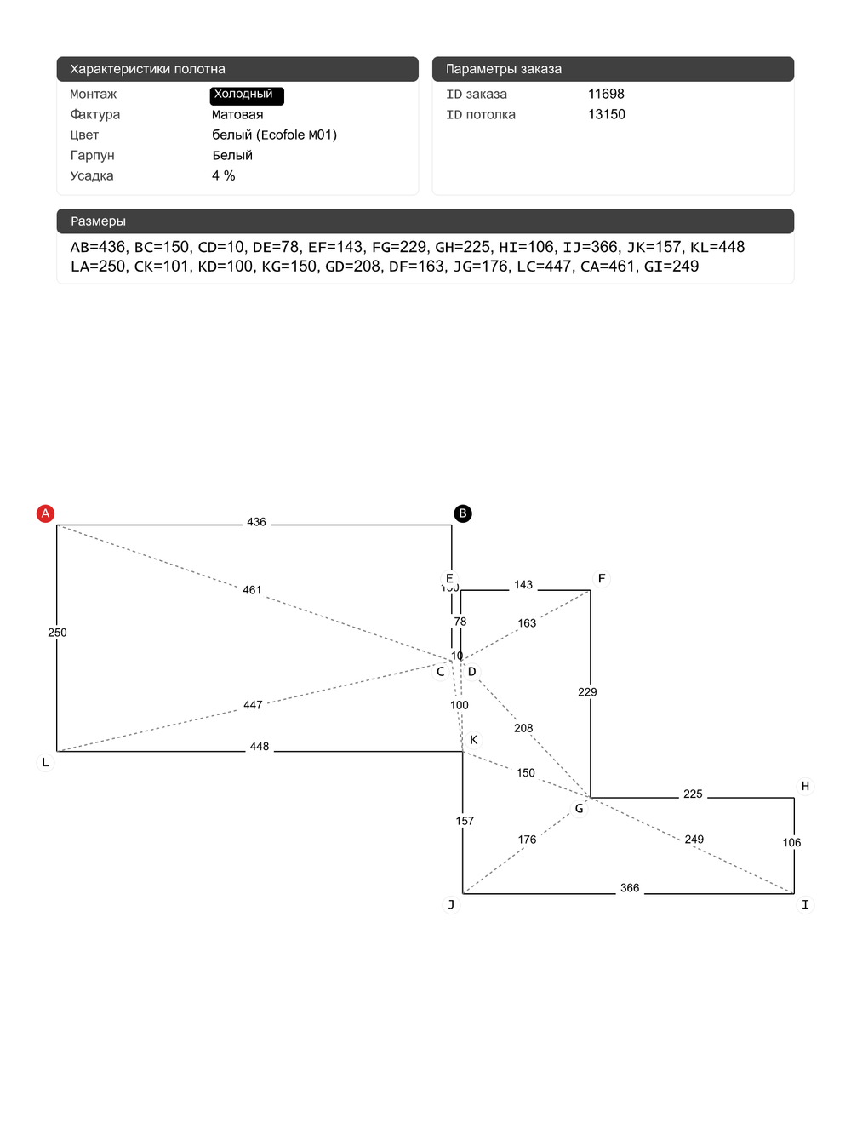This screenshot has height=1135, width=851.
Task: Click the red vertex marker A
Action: click(46, 513)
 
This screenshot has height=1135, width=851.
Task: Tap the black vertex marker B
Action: click(463, 513)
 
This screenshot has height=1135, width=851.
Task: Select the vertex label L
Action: click(46, 762)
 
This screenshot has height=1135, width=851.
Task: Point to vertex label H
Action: click(805, 786)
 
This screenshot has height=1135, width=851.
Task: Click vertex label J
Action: click(451, 904)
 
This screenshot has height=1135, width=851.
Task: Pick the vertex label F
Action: click(602, 579)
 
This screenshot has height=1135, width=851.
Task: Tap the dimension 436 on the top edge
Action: click(256, 522)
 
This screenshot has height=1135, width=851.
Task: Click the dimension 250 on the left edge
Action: click(57, 633)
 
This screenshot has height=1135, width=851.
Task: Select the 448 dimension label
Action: click(260, 747)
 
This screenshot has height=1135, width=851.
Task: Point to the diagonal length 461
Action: click(252, 590)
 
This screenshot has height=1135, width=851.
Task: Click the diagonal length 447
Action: click(253, 705)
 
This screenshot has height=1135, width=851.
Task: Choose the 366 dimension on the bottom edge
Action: click(630, 888)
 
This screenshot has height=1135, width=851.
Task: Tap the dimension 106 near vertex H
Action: click(791, 843)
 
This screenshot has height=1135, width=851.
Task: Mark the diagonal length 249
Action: click(694, 840)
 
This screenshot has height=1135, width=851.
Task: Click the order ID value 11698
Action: click(606, 94)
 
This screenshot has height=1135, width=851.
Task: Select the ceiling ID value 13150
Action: click(606, 114)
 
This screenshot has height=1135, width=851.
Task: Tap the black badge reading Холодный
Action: click(246, 95)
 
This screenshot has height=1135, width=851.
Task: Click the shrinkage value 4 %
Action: click(224, 175)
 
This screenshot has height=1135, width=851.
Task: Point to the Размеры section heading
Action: click(98, 221)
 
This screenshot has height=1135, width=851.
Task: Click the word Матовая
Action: click(237, 114)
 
